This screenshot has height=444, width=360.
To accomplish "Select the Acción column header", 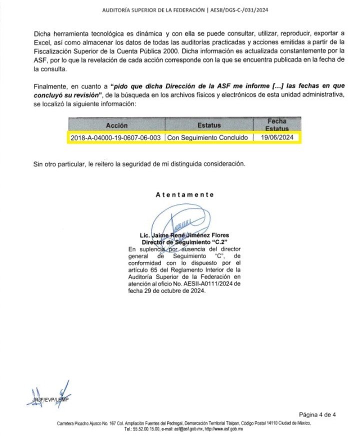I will point(116,125).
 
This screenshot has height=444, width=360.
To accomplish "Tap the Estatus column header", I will point(208,125).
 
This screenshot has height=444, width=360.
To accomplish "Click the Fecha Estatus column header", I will point(276,124).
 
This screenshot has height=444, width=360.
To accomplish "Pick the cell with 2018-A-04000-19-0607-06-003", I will point(115,138).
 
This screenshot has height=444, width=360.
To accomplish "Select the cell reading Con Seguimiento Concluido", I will point(208,138).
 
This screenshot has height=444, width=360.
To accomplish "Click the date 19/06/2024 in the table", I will point(276,138).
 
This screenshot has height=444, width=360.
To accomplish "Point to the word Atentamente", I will point(184,194).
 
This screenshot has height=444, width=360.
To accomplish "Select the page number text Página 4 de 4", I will point(317,414).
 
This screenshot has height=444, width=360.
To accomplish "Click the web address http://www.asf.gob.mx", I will point(223,429).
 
